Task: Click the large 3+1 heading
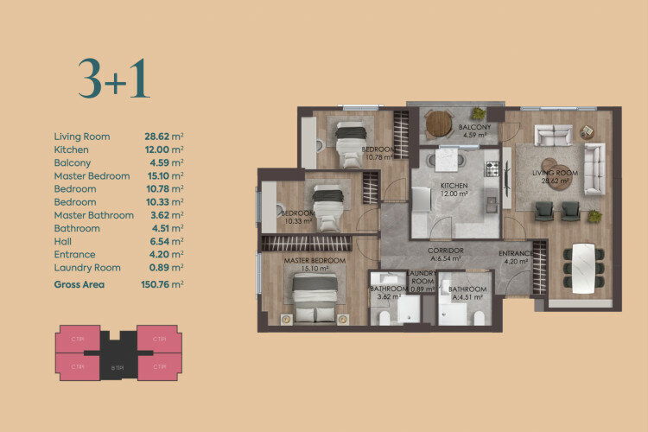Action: [x=113, y=79]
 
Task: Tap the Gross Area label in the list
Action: [x=79, y=283]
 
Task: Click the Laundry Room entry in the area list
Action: [x=87, y=268]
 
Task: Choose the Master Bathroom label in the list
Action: [x=93, y=215]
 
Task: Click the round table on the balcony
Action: [x=439, y=124]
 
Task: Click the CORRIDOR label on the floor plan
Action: [x=446, y=251]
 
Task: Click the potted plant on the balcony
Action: [x=478, y=113]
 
